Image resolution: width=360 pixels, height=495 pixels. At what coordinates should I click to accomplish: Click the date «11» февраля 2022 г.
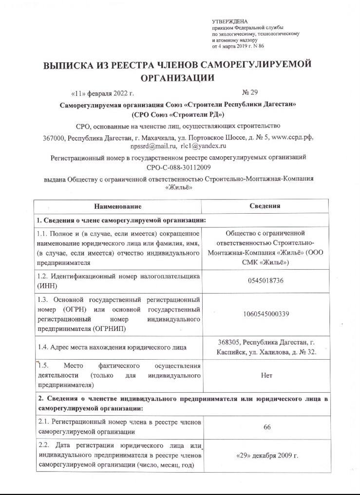click(102, 92)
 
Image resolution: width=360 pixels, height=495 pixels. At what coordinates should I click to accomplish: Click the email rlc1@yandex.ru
click(204, 146)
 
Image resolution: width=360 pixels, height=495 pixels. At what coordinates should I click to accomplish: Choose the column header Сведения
click(265, 206)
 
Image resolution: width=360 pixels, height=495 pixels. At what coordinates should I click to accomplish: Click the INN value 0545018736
click(266, 281)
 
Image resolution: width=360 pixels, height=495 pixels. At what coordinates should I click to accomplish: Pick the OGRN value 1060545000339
click(266, 314)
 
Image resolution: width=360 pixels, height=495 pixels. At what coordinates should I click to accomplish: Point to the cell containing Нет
click(266, 375)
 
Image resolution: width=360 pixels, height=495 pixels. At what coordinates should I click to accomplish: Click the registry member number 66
click(266, 426)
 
